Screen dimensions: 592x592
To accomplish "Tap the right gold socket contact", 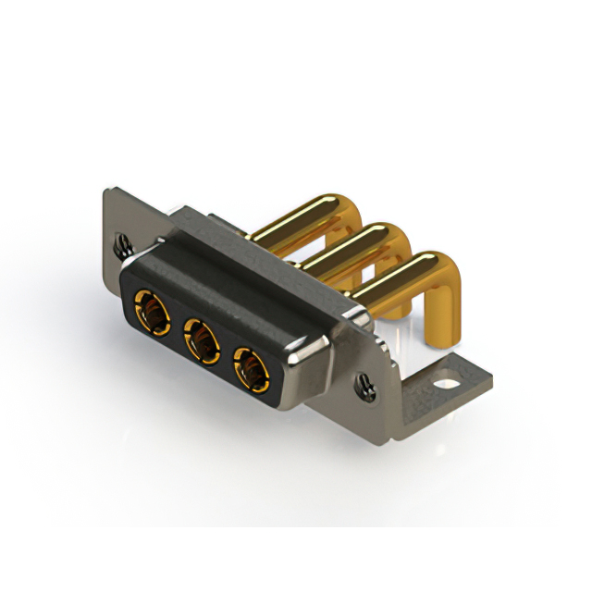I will coord(250,369).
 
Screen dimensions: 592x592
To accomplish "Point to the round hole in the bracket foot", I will coord(451,379).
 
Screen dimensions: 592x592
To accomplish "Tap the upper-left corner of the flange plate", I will coord(104,191).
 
